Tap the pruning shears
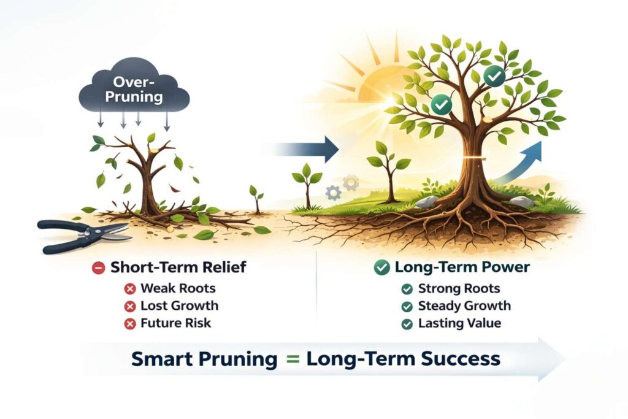pos(84,236)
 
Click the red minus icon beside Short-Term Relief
pos(99,267)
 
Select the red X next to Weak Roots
pos(130,288)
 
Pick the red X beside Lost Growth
pos(130,307)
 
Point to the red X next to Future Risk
pos(130,324)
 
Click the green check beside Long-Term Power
pos(381,267)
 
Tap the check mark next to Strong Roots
pos(407,289)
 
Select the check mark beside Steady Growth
pos(407,307)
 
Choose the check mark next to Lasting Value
pos(407,324)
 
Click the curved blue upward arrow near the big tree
pos(519,164)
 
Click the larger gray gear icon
pos(351,182)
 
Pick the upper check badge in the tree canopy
pos(495,76)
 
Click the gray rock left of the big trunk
pos(428,201)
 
